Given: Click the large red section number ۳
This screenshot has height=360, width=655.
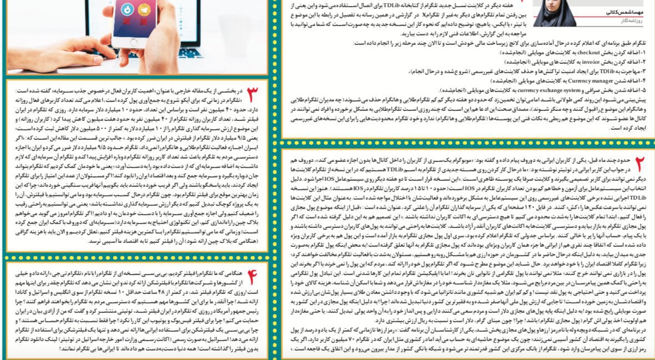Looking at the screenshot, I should click(x=253, y=93).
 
